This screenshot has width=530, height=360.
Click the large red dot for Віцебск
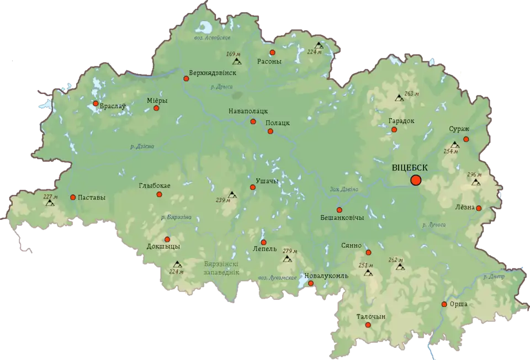tap(416, 180)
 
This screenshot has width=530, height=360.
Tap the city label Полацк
tap(278, 123)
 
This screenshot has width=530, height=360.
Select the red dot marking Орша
tap(444, 304)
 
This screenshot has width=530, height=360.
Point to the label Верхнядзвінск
tap(213, 72)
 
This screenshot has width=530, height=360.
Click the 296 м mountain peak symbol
tap(476, 182)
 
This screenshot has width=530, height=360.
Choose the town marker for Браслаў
tap(96, 103)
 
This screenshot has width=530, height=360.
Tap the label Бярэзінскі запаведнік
tap(221, 268)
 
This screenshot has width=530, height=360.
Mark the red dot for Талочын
tap(368, 325)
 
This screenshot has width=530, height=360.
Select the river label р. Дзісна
tap(142, 146)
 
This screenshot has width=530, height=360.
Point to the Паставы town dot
tap(73, 197)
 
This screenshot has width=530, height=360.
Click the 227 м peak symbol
tap(50, 203)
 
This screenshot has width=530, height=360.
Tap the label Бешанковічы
tap(342, 218)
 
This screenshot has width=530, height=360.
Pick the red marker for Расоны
tap(272, 52)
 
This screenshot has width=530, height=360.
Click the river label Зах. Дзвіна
tap(344, 189)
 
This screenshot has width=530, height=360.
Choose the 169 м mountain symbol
tap(237, 61)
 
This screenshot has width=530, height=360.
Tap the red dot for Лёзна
tap(479, 208)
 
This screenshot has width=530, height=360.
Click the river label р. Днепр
tap(494, 277)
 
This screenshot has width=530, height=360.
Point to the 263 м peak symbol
tap(399, 98)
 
